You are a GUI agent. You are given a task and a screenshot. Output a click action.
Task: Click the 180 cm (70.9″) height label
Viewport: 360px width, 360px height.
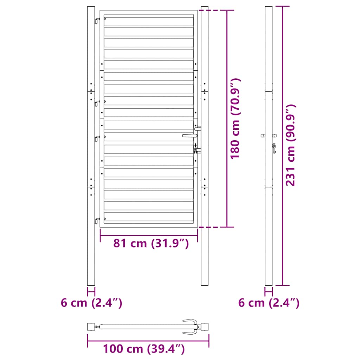pos(235,119)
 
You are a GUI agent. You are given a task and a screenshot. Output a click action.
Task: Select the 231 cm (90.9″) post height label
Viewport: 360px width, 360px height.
pos(290,145)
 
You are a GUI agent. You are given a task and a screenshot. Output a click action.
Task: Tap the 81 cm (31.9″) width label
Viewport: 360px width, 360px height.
pos(151,243)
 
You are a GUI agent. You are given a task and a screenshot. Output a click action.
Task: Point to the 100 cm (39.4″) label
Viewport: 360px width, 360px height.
pos(144,349)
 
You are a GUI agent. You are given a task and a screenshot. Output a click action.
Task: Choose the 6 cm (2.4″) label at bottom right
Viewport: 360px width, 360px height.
pos(269,303)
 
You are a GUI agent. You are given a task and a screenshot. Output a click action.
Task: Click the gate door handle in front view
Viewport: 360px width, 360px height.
pos(189,135)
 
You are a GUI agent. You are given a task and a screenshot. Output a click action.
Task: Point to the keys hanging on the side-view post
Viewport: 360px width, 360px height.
pos(273,149)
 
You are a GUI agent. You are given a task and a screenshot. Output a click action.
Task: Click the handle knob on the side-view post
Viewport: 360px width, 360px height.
pos(269,135)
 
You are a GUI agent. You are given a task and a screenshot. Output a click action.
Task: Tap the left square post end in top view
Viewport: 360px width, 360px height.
pos(91,327)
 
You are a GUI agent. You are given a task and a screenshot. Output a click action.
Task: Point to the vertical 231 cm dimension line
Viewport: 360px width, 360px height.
pos(283,145)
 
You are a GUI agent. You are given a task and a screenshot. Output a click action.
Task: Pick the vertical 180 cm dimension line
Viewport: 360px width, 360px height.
pos(227,119)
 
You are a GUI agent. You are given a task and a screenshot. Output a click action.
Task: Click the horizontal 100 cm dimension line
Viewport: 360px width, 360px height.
pos(148,341)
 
